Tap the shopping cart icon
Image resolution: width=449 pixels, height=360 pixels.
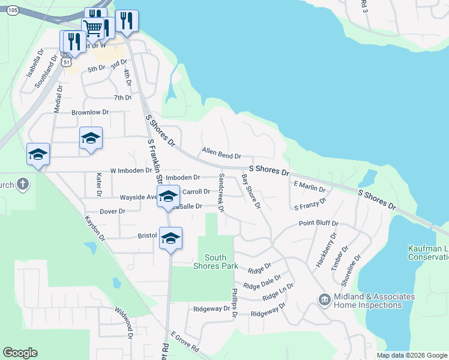pyautogui.click(x=92, y=28)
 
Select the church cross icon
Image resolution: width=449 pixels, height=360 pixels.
pyautogui.click(x=22, y=184)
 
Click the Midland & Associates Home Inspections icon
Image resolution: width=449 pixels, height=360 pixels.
pyautogui.click(x=324, y=299)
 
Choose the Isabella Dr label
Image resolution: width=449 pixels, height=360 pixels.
pyautogui.click(x=32, y=74)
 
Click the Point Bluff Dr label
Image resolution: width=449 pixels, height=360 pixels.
pyautogui.click(x=319, y=223)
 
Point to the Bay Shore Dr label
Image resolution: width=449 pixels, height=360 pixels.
pyautogui.click(x=250, y=192)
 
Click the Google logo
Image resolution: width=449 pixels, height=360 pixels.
pyautogui.click(x=20, y=353)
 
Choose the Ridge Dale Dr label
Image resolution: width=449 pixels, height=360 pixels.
pyautogui.click(x=262, y=283)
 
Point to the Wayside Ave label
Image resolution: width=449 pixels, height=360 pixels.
pyautogui.click(x=139, y=197)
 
